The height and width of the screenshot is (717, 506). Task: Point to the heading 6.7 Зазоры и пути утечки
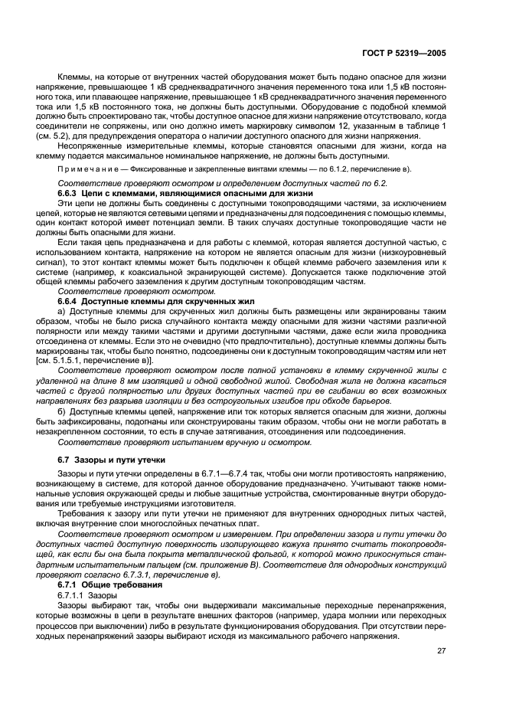[x=111, y=459]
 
